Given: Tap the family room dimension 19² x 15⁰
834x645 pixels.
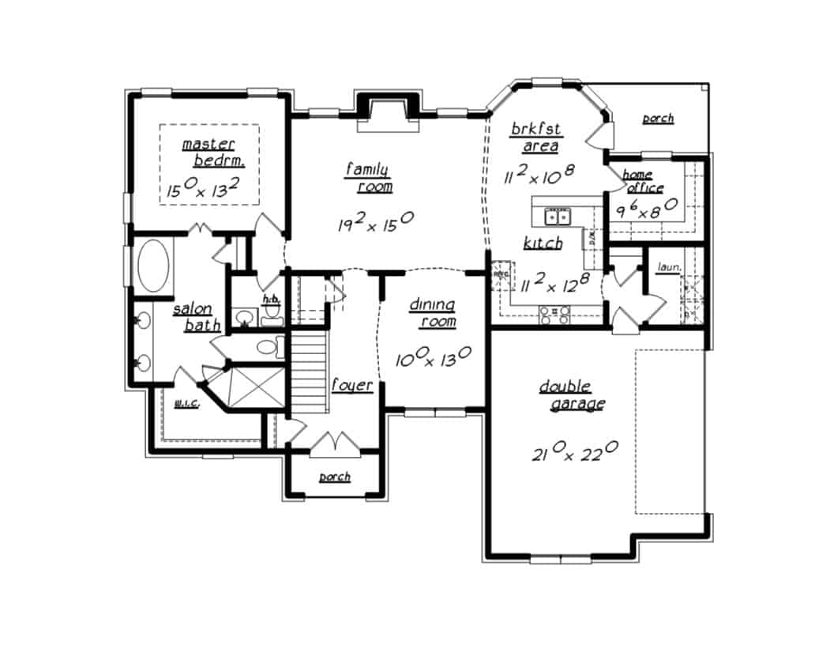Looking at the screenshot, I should (x=377, y=221).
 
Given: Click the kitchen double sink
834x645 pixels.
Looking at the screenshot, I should (x=558, y=214).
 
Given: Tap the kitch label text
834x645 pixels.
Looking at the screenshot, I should (x=543, y=243).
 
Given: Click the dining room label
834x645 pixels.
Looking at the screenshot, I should (x=433, y=313).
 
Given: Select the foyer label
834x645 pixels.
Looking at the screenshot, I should (x=351, y=385).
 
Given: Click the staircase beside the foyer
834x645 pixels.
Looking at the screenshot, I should (x=310, y=372).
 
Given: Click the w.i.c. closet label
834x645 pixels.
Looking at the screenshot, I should (x=186, y=404).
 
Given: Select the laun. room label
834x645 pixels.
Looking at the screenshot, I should (x=669, y=268).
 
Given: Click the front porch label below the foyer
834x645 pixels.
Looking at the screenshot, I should (x=335, y=477).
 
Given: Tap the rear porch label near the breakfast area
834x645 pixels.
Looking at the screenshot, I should (x=658, y=119).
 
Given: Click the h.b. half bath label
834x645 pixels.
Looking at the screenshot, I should (x=271, y=299).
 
